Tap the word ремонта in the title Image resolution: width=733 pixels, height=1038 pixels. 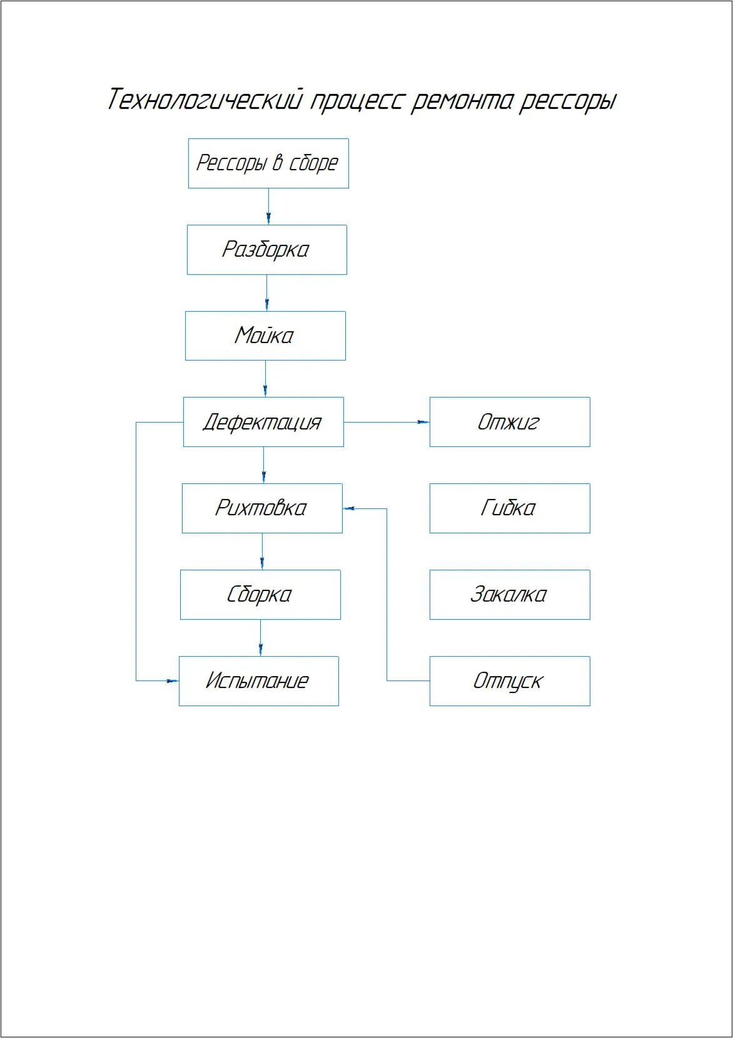pyautogui.click(x=462, y=101)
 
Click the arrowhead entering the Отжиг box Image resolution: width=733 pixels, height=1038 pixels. pyautogui.click(x=423, y=422)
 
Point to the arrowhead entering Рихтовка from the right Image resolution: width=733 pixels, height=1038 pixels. pyautogui.click(x=348, y=508)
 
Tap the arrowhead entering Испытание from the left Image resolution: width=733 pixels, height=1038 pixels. pyautogui.click(x=173, y=681)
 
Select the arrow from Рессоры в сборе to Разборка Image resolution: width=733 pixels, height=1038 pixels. pyautogui.click(x=268, y=207)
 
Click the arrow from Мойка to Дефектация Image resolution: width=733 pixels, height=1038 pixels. pyautogui.click(x=265, y=379)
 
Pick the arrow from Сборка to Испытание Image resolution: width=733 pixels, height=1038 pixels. pyautogui.click(x=260, y=637)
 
